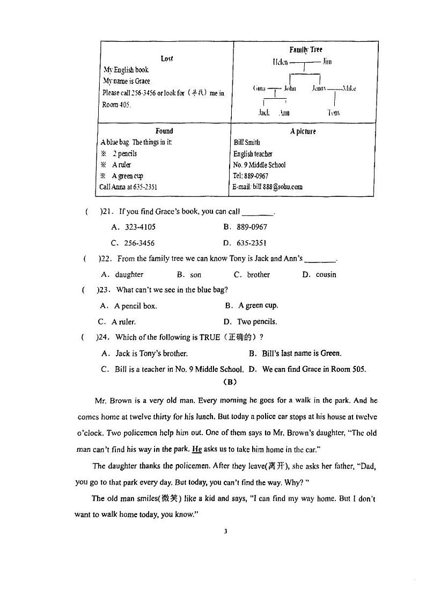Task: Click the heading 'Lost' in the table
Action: (166, 58)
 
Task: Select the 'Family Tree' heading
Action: (306, 50)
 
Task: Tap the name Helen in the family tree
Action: (280, 62)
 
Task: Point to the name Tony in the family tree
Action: (333, 113)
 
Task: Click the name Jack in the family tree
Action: (263, 113)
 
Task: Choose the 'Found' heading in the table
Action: (164, 131)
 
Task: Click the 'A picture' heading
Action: (303, 131)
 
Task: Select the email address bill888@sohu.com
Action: (268, 187)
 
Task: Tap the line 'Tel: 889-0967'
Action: (251, 176)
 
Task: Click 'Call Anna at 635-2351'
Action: (128, 187)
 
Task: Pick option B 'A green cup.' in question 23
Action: (252, 305)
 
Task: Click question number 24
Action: (105, 337)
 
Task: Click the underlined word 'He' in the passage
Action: (197, 449)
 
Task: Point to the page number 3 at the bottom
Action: (225, 531)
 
